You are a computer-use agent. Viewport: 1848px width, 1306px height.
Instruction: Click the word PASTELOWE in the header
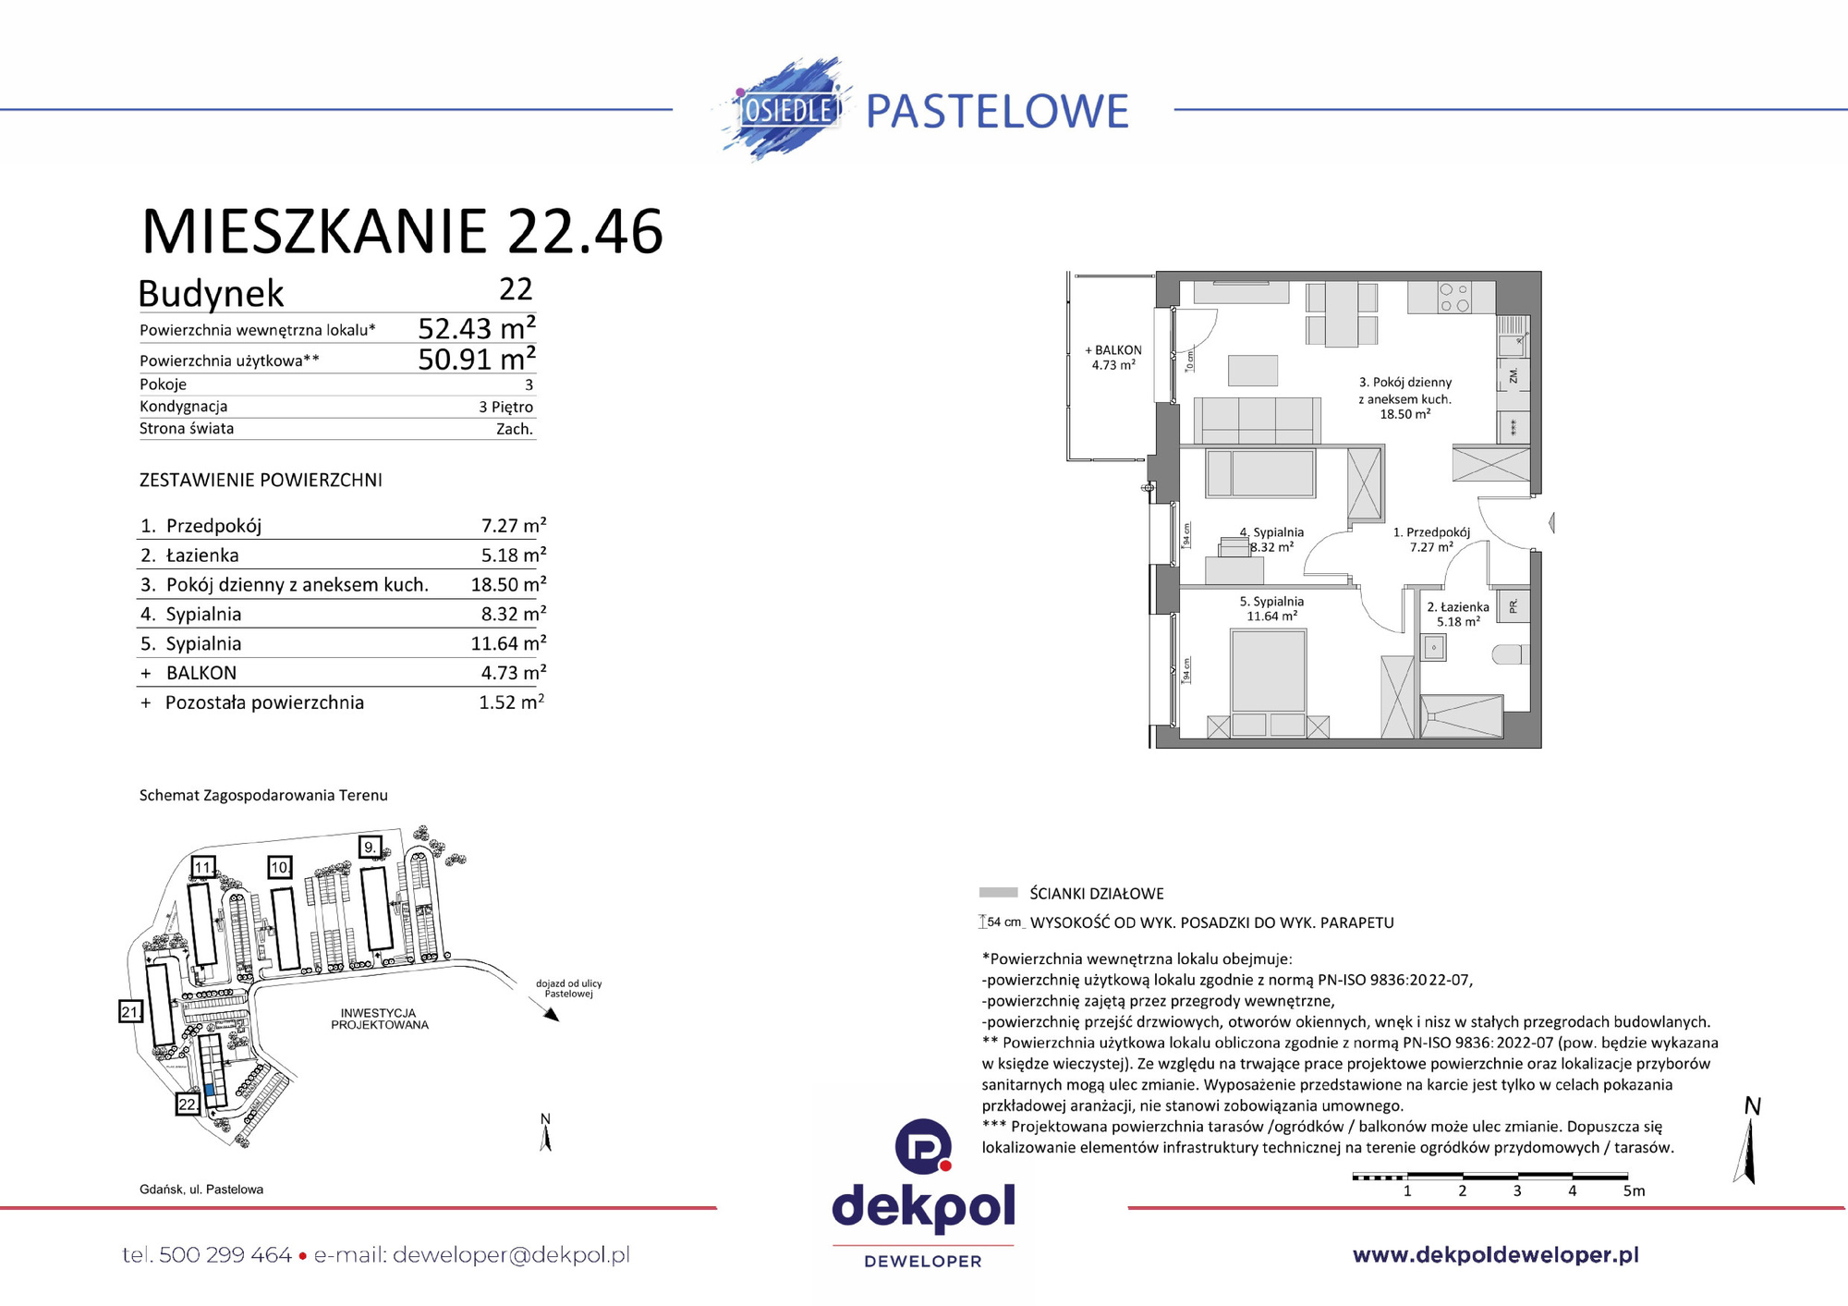[x=997, y=112]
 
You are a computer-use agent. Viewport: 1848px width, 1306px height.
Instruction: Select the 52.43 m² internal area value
[x=476, y=329]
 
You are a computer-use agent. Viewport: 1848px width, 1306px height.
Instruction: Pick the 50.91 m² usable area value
[x=476, y=360]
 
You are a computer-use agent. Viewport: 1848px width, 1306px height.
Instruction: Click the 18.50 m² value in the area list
[x=507, y=585]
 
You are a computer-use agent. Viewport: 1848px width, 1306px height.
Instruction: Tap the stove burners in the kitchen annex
[x=1453, y=298]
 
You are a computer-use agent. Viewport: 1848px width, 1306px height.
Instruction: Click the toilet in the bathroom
[x=1510, y=654]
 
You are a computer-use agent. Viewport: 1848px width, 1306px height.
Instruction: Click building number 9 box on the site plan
[x=370, y=847]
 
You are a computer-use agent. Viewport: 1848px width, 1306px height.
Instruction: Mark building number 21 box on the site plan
[x=130, y=1011]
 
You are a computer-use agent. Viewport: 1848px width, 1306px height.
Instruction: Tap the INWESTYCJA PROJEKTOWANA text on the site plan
[x=380, y=1019]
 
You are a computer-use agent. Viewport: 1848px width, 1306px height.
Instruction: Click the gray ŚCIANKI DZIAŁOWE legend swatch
[x=998, y=893]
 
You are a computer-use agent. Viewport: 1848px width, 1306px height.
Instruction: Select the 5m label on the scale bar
[x=1634, y=1191]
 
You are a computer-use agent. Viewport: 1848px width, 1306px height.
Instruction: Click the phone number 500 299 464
[x=225, y=1255]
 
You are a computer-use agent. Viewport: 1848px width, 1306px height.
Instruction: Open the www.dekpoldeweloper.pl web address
[x=1495, y=1255]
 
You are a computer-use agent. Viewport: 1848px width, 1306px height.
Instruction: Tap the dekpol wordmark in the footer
[x=923, y=1207]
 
